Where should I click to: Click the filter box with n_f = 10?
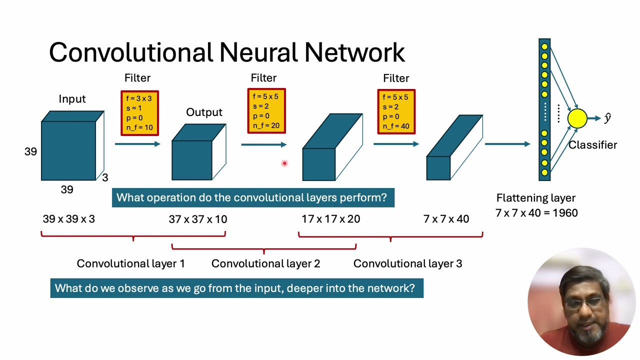click(139, 113)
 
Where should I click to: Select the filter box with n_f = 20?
click(266, 111)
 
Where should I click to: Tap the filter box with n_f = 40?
click(396, 111)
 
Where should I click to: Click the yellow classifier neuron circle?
click(577, 118)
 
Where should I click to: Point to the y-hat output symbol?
click(607, 118)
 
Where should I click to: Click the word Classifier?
click(592, 145)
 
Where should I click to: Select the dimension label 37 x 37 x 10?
click(197, 219)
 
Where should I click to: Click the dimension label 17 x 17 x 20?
click(330, 219)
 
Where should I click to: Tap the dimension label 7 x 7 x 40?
click(446, 219)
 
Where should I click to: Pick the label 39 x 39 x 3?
click(68, 219)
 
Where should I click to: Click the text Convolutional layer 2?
click(265, 263)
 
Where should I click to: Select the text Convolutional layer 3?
click(407, 263)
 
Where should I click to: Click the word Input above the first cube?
click(72, 99)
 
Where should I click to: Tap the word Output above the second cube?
click(204, 112)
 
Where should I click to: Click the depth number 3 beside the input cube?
click(105, 177)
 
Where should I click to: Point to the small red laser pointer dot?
click(284, 163)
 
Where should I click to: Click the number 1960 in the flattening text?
click(565, 213)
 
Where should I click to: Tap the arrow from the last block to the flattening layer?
click(507, 144)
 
